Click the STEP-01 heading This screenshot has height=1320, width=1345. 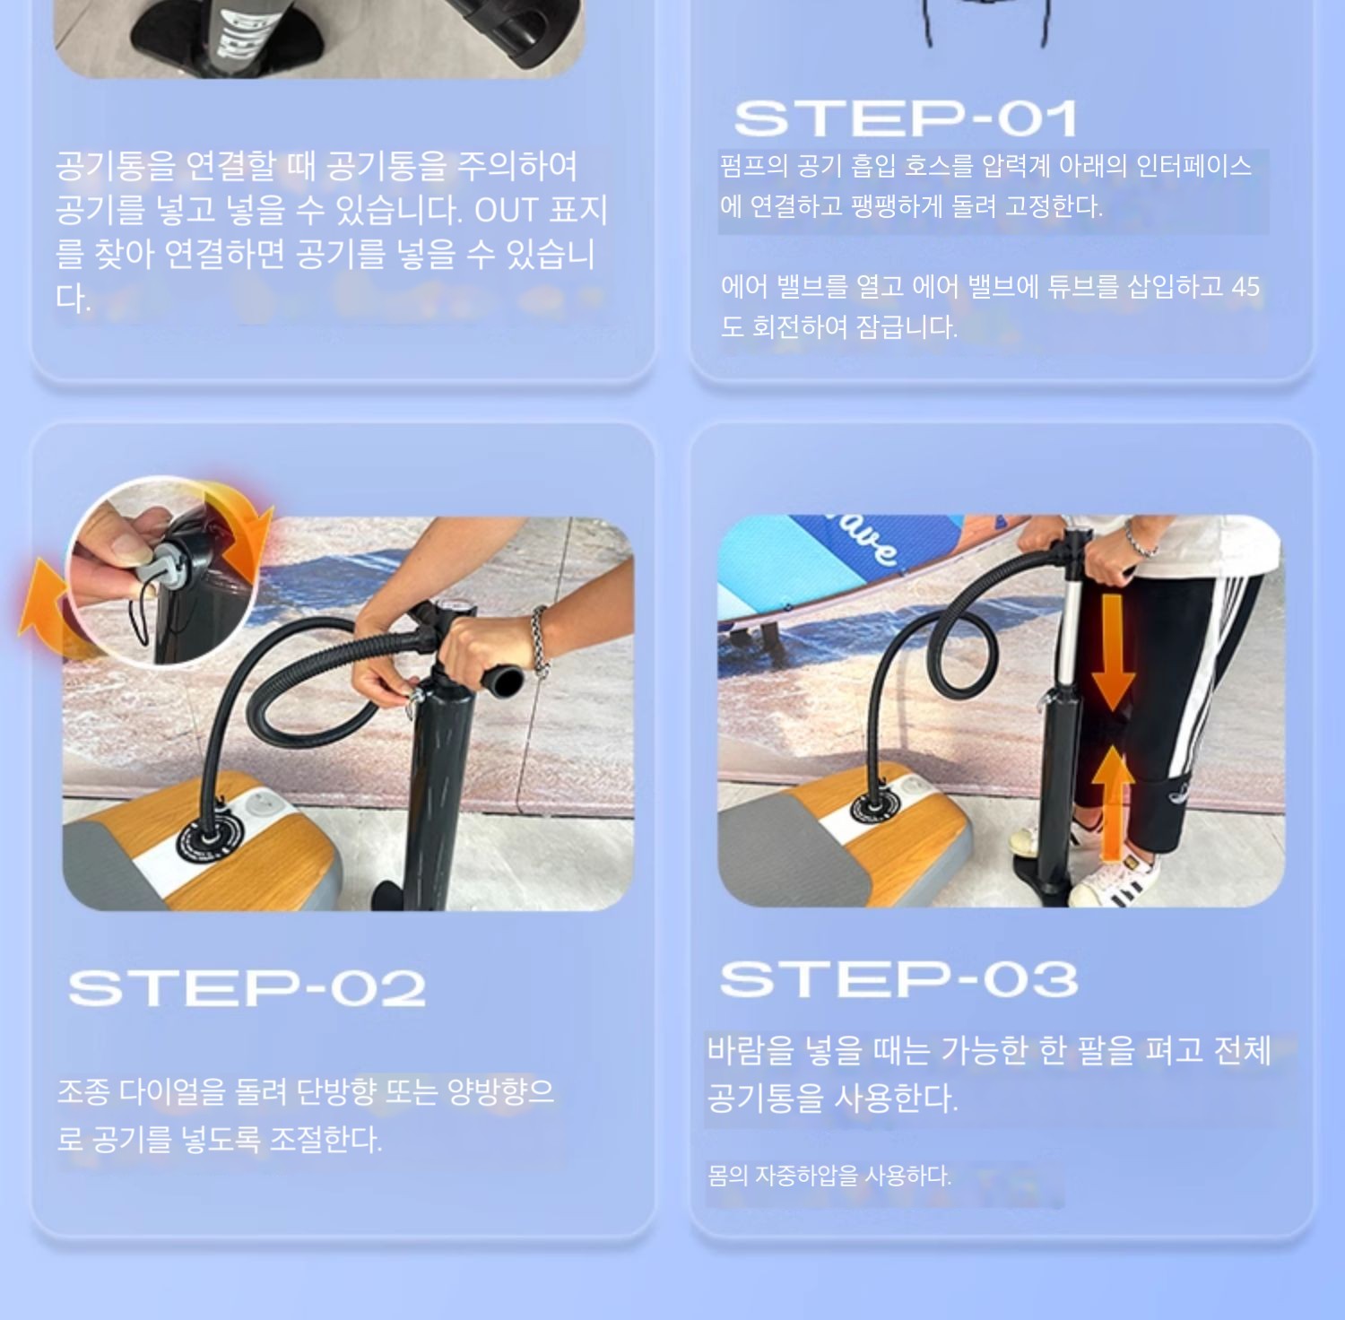coord(906,118)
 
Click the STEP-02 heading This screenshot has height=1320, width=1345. coord(247,988)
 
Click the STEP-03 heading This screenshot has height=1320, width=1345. coord(898,979)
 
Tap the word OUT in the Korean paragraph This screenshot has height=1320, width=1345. coord(506,210)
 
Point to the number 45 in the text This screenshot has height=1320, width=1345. coord(1245,287)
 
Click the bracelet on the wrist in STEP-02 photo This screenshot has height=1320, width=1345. coord(539,639)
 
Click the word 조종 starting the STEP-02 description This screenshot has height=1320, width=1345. coord(83,1091)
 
